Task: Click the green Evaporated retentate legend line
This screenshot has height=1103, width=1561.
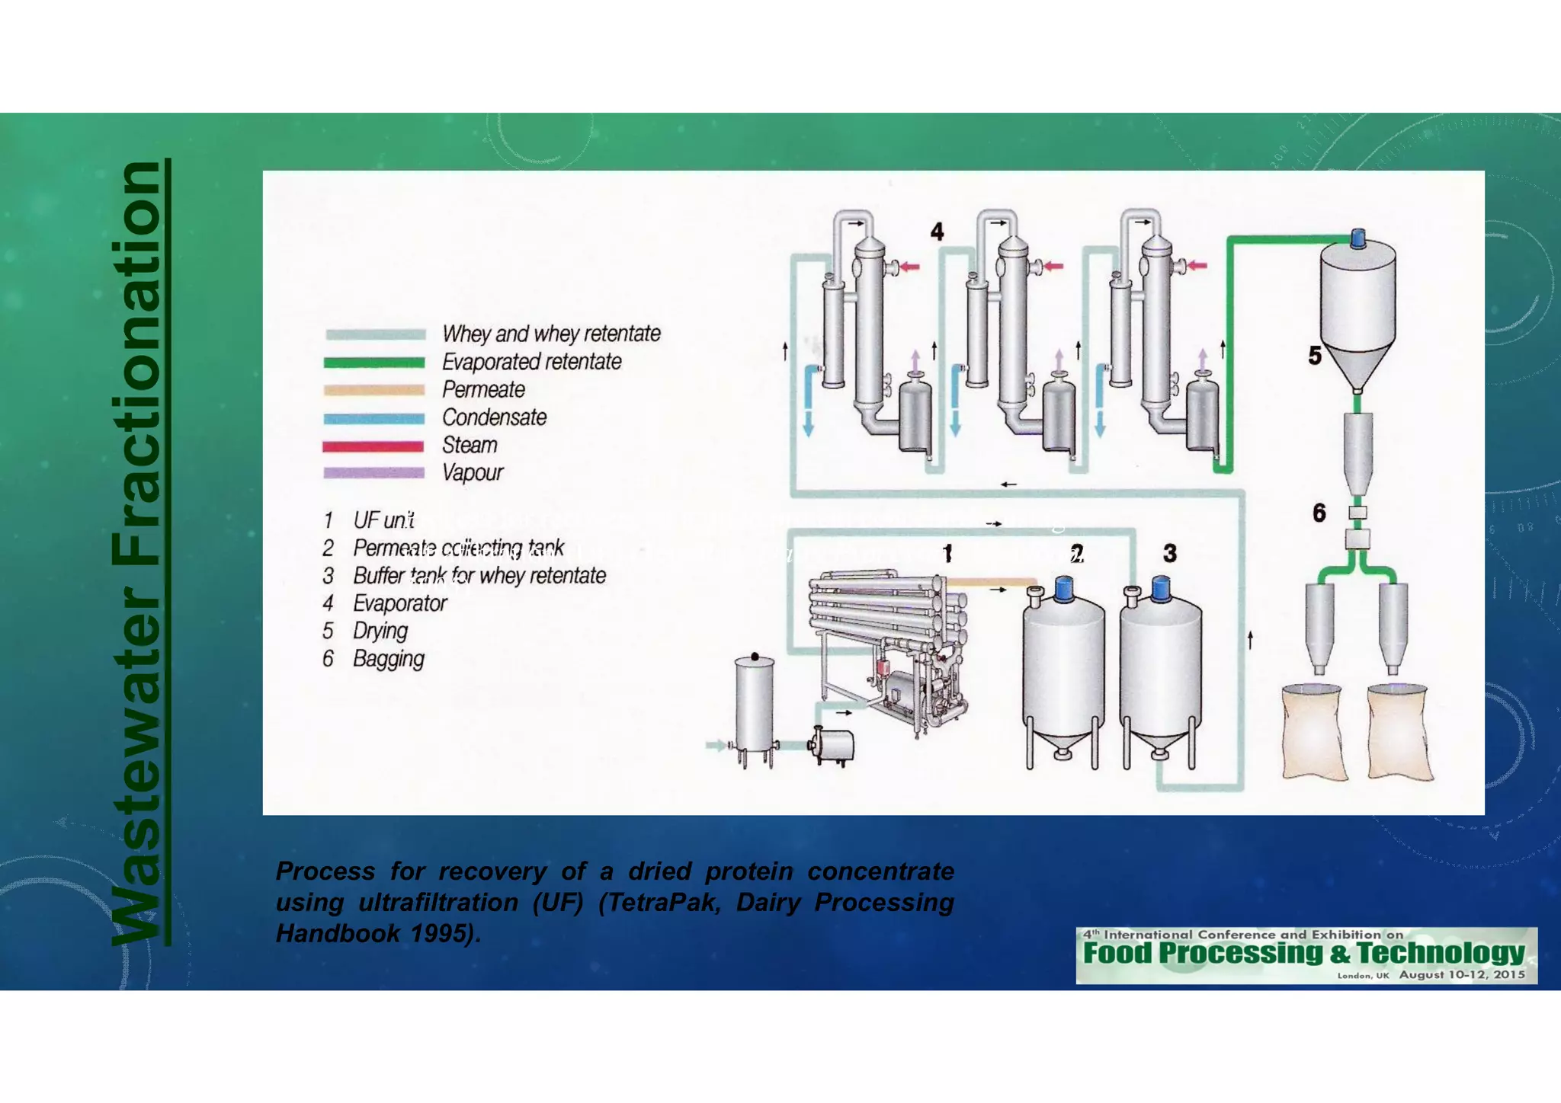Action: pos(373,363)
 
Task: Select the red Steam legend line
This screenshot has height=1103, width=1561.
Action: pos(373,446)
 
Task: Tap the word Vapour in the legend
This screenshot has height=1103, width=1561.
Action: pos(472,473)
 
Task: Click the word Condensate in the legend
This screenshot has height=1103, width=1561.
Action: pos(494,417)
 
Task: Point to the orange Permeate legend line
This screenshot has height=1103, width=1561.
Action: pos(373,390)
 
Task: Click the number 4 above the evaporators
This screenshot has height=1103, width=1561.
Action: pos(937,232)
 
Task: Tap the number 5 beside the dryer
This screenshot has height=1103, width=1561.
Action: pos(1315,356)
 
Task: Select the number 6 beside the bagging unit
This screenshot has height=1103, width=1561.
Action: pos(1319,513)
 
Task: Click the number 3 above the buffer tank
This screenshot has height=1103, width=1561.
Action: pos(1170,554)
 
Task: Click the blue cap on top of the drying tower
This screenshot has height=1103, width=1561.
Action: pos(1357,238)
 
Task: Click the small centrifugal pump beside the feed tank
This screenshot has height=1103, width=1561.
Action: pos(832,745)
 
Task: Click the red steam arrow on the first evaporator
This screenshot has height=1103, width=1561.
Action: pos(909,267)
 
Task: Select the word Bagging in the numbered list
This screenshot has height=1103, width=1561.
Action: pos(388,659)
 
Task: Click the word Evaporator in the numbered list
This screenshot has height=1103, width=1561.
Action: pos(399,604)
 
